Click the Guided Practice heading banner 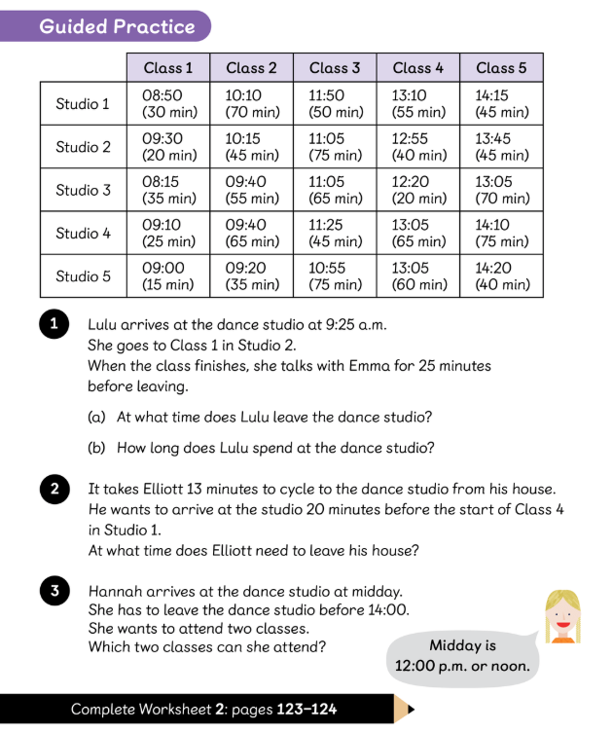click(x=117, y=26)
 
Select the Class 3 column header click(x=335, y=67)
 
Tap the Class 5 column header click(x=501, y=67)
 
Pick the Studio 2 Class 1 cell click(x=168, y=147)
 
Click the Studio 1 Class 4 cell click(x=418, y=104)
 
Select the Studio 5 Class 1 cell click(x=168, y=275)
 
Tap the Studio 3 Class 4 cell click(x=418, y=190)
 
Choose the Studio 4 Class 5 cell click(x=501, y=233)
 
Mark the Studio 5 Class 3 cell click(x=335, y=275)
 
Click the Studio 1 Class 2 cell click(x=252, y=104)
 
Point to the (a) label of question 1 click(x=97, y=418)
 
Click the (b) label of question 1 click(x=97, y=448)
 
